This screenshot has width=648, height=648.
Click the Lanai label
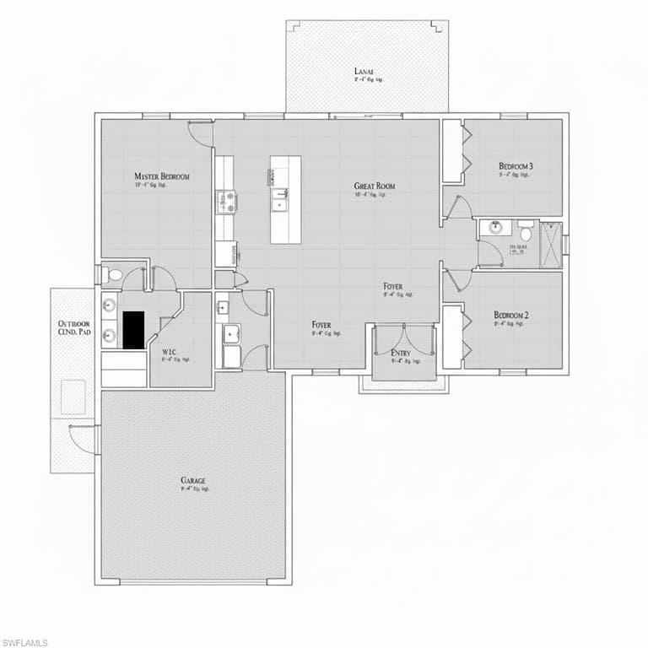click(364, 72)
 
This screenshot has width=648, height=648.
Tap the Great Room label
click(374, 186)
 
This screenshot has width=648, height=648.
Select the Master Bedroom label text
click(161, 176)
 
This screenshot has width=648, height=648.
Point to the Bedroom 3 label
click(515, 166)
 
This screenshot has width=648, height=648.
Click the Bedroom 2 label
click(511, 316)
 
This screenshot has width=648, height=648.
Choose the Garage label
click(193, 480)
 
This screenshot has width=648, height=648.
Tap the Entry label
click(401, 353)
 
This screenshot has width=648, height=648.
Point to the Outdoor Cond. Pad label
click(73, 328)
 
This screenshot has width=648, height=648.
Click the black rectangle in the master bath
click(133, 329)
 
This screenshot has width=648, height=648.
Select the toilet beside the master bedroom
click(114, 275)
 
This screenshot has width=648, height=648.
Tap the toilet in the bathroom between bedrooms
click(526, 229)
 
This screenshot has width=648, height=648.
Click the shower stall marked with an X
click(551, 245)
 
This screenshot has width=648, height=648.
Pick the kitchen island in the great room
click(285, 199)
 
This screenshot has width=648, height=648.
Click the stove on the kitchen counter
click(226, 202)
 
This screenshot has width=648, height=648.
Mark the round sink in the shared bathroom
click(495, 227)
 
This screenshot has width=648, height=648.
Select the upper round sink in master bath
click(110, 305)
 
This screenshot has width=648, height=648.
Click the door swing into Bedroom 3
click(460, 208)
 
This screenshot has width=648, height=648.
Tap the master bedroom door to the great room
click(201, 132)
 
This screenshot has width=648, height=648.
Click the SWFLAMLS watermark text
click(24, 642)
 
